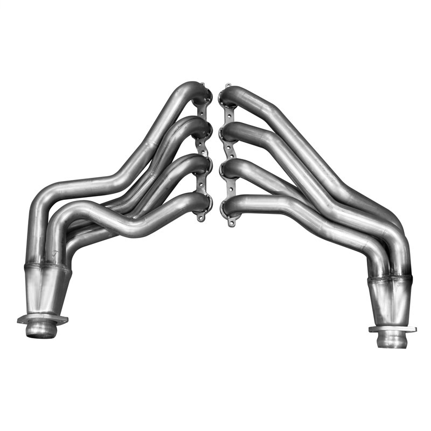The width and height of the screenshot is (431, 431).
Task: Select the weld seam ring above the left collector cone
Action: (x=50, y=266)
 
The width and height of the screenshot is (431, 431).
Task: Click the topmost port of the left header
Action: (x=203, y=96)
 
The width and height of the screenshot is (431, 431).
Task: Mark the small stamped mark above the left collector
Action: (x=55, y=252)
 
